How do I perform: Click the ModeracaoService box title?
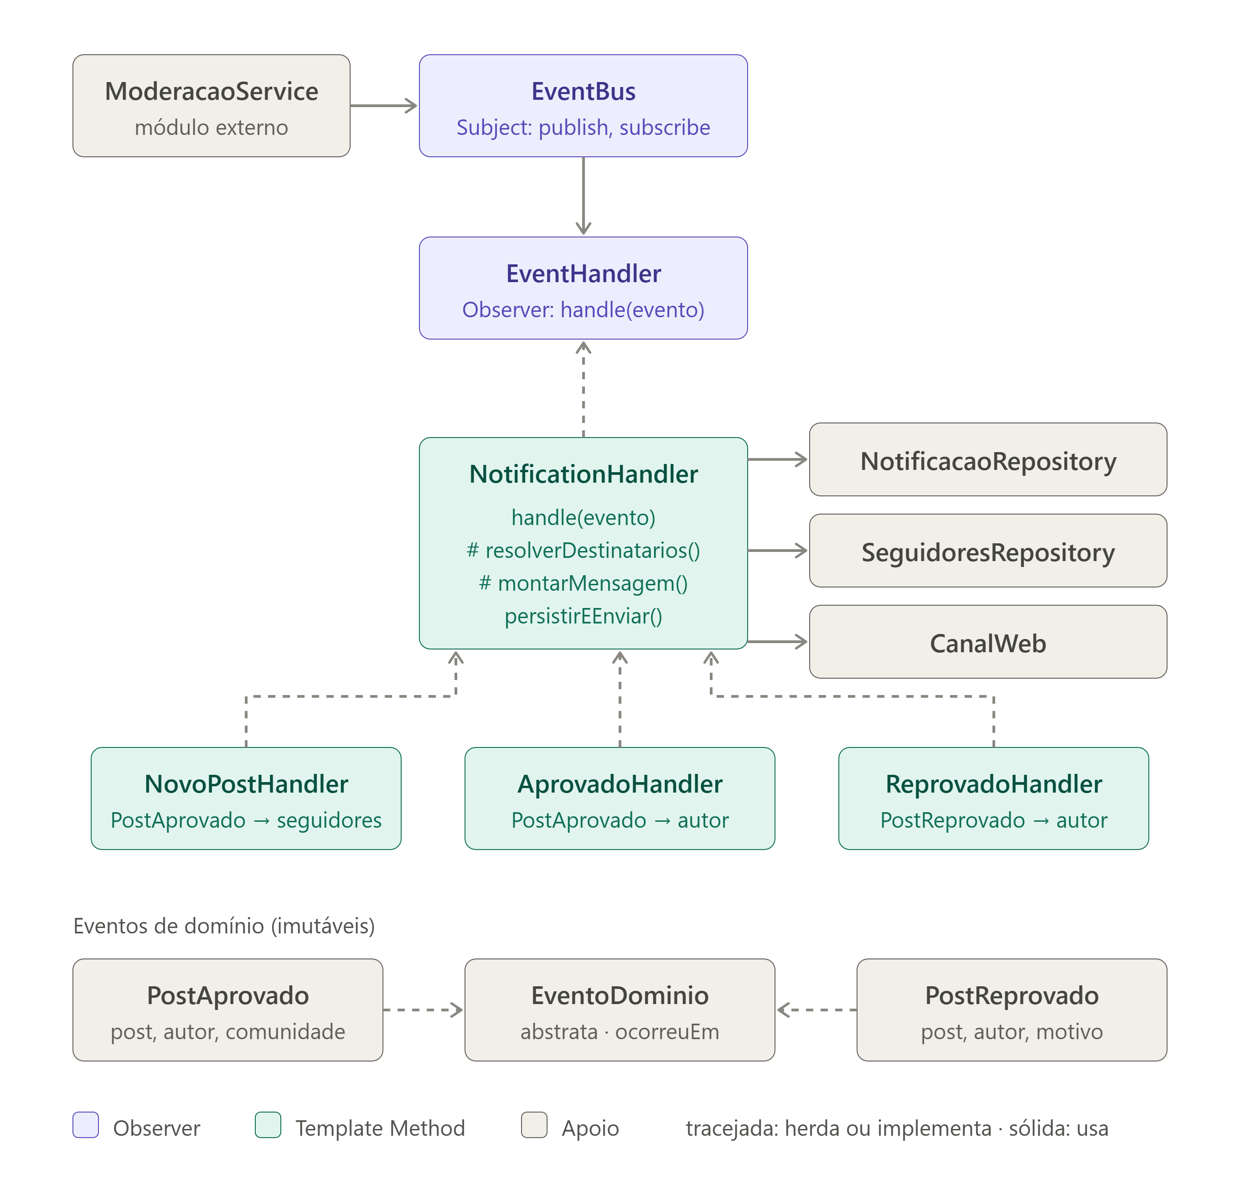click(x=211, y=92)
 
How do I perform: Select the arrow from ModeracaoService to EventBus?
click(x=384, y=105)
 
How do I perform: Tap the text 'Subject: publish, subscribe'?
click(x=583, y=128)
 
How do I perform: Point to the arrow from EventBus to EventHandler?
click(x=583, y=196)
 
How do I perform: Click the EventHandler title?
click(x=583, y=274)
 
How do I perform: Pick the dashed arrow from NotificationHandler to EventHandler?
click(x=583, y=388)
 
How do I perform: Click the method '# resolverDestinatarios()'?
click(x=583, y=550)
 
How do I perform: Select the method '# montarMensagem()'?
click(x=583, y=583)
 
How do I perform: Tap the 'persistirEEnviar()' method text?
click(x=583, y=616)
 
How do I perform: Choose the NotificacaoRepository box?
click(x=988, y=459)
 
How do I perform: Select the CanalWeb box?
click(x=988, y=642)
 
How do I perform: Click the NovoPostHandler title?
click(x=246, y=784)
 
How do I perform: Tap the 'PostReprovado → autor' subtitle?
click(x=994, y=820)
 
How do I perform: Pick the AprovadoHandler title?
click(x=620, y=784)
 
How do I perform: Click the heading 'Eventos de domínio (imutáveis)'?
click(x=224, y=926)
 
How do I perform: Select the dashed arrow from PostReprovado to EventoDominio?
click(x=817, y=1010)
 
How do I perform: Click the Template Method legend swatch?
click(x=268, y=1125)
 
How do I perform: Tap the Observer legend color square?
click(x=86, y=1125)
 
